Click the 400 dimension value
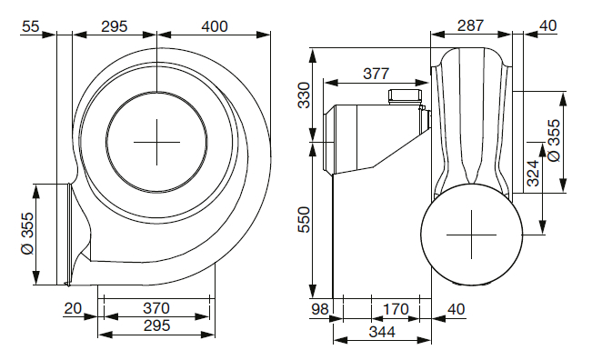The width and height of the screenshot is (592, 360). click(x=215, y=26)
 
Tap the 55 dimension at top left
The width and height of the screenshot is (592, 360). click(x=31, y=26)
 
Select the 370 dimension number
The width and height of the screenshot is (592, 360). click(x=156, y=308)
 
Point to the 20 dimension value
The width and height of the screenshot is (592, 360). click(x=73, y=308)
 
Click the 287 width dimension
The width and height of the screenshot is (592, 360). click(x=470, y=25)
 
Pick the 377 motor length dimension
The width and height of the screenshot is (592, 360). click(x=376, y=74)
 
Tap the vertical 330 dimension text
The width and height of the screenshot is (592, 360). click(x=304, y=95)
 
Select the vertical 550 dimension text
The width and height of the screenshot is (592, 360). click(x=304, y=220)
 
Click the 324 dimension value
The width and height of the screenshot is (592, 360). click(x=533, y=174)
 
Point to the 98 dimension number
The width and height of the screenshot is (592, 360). click(x=320, y=309)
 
